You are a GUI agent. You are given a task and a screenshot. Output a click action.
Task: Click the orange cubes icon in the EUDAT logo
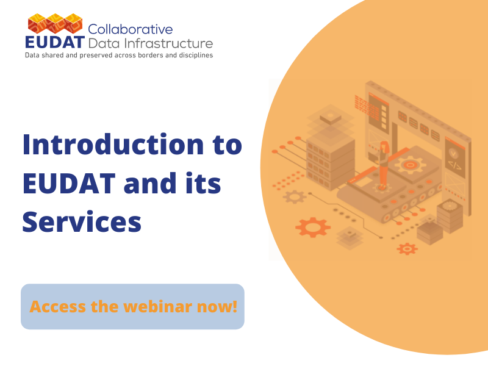(55, 23)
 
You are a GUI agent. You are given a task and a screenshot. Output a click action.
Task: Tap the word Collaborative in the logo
(131, 29)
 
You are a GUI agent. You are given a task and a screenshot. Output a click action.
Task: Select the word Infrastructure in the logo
(168, 43)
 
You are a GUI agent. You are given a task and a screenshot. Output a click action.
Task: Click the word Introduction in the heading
(113, 145)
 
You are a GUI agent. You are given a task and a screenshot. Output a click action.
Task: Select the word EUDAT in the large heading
(69, 184)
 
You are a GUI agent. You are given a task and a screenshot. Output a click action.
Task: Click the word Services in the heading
(82, 222)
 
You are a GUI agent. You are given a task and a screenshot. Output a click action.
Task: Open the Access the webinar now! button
(132, 307)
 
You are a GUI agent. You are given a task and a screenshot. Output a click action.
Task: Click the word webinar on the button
(158, 307)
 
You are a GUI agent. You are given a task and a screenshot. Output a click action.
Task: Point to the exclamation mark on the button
(235, 307)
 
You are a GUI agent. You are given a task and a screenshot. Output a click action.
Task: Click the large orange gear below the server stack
(313, 228)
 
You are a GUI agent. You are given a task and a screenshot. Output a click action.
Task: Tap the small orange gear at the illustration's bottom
(407, 249)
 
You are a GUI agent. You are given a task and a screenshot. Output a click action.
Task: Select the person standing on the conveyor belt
(384, 164)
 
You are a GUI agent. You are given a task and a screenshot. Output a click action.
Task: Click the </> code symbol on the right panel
(454, 165)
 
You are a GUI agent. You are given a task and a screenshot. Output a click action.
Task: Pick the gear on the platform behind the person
(410, 165)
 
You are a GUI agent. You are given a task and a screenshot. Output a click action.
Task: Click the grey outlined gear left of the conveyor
(295, 196)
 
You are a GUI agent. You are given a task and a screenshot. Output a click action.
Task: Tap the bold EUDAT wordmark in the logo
(55, 42)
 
